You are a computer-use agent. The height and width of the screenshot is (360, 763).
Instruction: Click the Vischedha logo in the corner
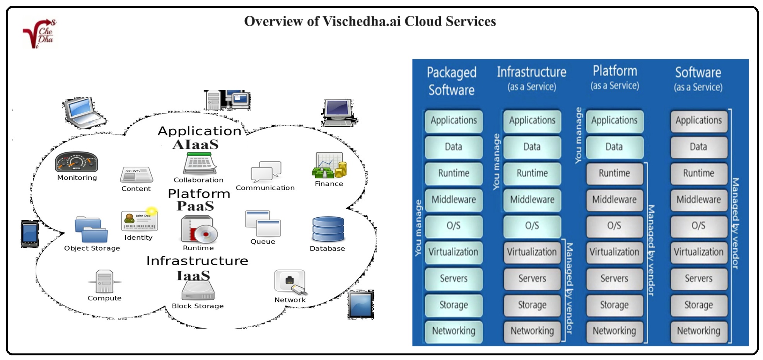click(39, 34)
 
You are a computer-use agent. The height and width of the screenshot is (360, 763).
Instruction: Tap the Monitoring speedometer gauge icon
click(76, 162)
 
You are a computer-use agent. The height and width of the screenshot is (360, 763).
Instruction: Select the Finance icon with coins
click(329, 165)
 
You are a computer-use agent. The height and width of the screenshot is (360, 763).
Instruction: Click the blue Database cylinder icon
click(328, 229)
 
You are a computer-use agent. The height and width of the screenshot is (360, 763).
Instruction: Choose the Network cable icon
click(290, 282)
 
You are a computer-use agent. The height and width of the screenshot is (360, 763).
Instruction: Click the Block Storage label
click(198, 306)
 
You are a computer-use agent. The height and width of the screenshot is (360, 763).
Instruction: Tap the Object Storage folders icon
click(91, 230)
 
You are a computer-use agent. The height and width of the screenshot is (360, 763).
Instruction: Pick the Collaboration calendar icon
click(199, 164)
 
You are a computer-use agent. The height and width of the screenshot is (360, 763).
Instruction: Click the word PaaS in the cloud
click(195, 206)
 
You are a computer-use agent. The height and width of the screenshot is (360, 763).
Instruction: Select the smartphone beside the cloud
click(30, 234)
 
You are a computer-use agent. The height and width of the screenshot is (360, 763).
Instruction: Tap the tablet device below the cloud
click(361, 304)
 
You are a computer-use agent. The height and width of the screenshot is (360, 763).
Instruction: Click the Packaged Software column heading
click(451, 81)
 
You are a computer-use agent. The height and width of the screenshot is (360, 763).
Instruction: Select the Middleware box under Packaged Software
click(454, 200)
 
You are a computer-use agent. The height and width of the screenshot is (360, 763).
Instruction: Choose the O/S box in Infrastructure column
click(532, 226)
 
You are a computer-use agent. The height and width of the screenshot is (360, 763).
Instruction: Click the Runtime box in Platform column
click(614, 173)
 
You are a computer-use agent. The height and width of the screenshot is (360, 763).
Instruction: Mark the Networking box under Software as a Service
click(698, 331)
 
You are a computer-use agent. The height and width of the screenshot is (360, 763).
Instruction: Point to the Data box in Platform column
click(614, 147)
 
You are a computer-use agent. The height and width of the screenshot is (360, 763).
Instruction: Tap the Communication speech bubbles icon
click(266, 171)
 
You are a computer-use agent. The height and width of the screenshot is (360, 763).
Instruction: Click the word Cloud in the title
click(423, 21)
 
